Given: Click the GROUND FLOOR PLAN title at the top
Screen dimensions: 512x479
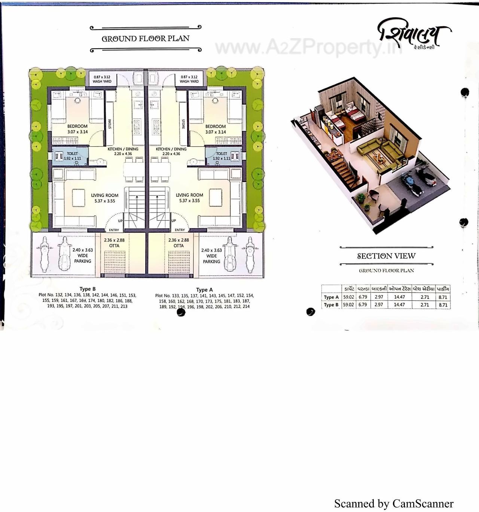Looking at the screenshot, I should click(146, 39).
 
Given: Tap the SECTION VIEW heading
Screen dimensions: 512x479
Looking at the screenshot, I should click(386, 256).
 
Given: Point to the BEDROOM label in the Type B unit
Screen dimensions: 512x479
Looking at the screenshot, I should click(77, 127).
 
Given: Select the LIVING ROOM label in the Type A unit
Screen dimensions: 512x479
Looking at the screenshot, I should click(189, 195).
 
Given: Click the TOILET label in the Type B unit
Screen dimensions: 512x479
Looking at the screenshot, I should click(72, 154).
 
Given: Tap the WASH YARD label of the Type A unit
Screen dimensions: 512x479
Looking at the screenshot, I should click(189, 81).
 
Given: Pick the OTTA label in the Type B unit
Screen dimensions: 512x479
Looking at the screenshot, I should click(114, 246).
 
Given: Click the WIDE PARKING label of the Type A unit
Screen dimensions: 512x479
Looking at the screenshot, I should click(211, 259).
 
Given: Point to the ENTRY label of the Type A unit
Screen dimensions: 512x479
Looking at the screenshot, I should click(180, 230).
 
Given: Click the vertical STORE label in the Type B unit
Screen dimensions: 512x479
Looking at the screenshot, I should click(110, 124).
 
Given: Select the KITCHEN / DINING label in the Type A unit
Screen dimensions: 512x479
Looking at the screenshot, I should click(171, 149).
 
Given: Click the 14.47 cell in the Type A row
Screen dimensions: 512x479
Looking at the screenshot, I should click(399, 297).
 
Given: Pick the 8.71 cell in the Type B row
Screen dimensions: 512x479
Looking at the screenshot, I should click(443, 305).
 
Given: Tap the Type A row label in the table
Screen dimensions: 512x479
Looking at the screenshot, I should click(331, 297).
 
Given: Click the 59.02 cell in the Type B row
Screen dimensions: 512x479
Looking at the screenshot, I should click(348, 305).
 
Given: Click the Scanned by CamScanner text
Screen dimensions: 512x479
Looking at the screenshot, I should click(394, 504).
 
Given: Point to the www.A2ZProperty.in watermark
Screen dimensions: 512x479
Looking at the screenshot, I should click(307, 47).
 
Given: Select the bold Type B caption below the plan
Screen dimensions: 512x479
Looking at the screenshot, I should click(88, 289).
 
